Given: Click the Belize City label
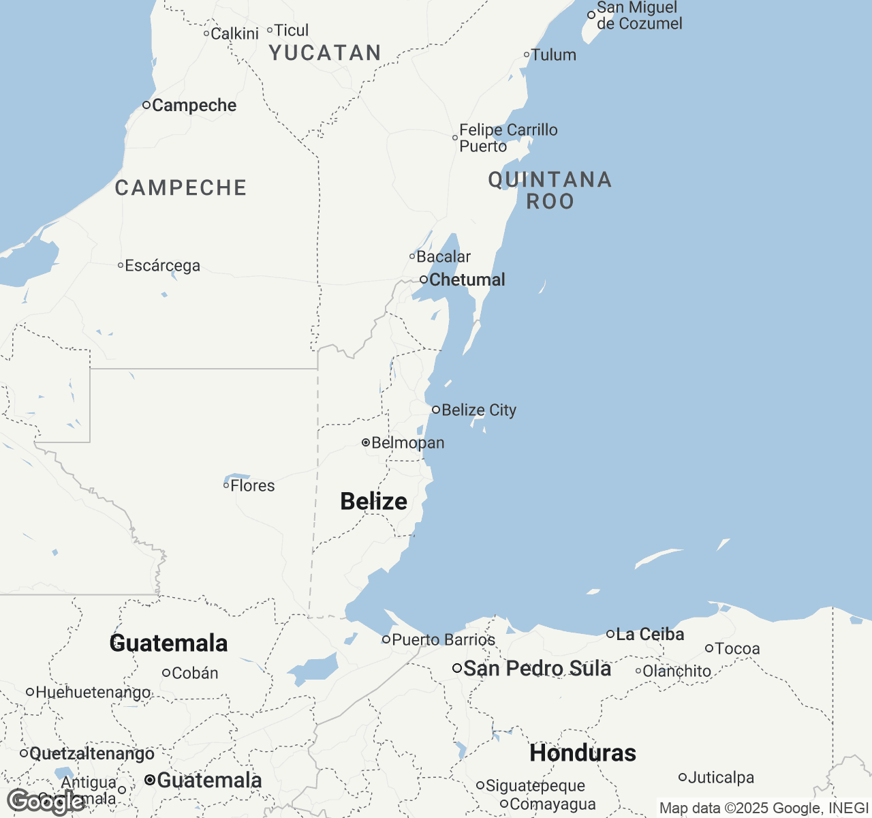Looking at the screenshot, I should tap(478, 410).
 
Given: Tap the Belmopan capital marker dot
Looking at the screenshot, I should tap(366, 442).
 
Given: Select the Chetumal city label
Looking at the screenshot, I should tap(467, 279).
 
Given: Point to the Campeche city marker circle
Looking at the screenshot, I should tap(146, 104).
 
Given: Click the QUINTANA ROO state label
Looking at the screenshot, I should tap(550, 190).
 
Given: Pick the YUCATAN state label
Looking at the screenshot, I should tap(325, 52).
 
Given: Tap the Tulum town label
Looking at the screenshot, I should tap(553, 55).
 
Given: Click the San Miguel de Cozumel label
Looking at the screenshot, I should tap(639, 16).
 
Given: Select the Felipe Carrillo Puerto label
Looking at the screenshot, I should tap(508, 138).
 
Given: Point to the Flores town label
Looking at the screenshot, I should tap(252, 485).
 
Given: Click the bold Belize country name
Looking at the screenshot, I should tap(374, 501).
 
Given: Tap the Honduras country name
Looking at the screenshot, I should tap(583, 753).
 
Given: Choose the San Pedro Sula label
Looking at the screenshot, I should tap(537, 668).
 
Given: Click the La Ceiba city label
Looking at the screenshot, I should tap(649, 634).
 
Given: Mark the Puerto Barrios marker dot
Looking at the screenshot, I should tap(386, 639).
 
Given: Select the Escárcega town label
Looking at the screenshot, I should tap(162, 265).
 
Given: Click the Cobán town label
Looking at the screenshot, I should tap(195, 673).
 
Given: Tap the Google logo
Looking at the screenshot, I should tap(46, 802).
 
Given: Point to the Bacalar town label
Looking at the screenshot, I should tap(443, 256).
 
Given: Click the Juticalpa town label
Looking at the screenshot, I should tap(721, 777).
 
